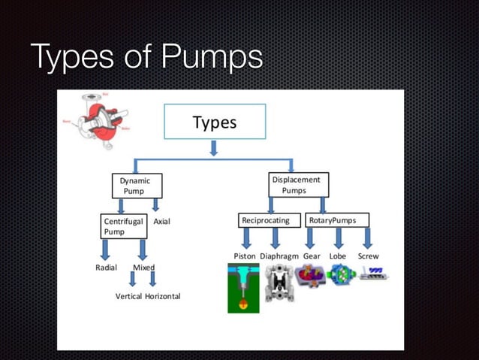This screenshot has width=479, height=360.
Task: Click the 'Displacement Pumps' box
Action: pyautogui.click(x=298, y=185)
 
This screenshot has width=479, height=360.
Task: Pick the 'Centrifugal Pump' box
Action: pyautogui.click(x=123, y=226)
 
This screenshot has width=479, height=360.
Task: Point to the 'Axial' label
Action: pyautogui.click(x=163, y=222)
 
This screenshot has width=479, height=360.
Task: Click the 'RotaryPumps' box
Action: pyautogui.click(x=338, y=220)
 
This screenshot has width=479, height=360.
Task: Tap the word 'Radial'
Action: pyautogui.click(x=106, y=268)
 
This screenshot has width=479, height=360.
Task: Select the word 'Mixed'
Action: pyautogui.click(x=143, y=268)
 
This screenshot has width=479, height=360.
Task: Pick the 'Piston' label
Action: pyautogui.click(x=245, y=256)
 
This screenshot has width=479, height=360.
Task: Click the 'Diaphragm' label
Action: pyautogui.click(x=279, y=256)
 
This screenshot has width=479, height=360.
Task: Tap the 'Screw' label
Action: pyautogui.click(x=368, y=256)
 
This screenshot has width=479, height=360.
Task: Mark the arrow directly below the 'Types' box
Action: pyautogui.click(x=214, y=148)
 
